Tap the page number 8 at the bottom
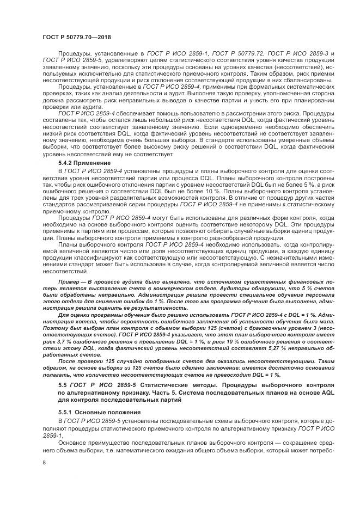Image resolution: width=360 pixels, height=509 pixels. coord(44,463)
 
